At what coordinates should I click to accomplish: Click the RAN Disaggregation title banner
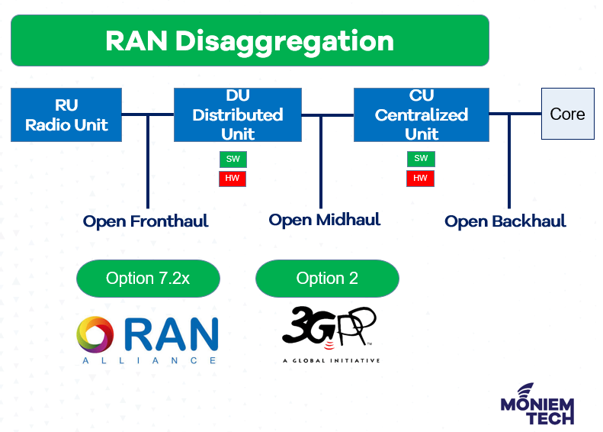(249, 40)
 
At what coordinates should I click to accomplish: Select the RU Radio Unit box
(66, 114)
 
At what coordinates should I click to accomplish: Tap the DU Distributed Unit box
(237, 114)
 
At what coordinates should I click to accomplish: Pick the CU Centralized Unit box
(421, 114)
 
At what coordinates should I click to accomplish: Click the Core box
(567, 114)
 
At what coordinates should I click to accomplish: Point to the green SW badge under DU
(233, 159)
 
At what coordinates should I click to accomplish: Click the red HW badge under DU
(233, 179)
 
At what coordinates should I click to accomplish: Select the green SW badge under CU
(420, 159)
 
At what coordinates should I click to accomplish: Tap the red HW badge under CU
(420, 179)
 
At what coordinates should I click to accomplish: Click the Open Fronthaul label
(146, 221)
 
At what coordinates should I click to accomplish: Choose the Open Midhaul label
(324, 220)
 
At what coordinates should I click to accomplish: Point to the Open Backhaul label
(505, 221)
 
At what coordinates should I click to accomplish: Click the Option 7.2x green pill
(148, 279)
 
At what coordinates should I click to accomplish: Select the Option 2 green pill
(327, 279)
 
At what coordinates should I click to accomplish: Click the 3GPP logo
(329, 328)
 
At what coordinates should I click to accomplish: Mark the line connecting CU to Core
(515, 114)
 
